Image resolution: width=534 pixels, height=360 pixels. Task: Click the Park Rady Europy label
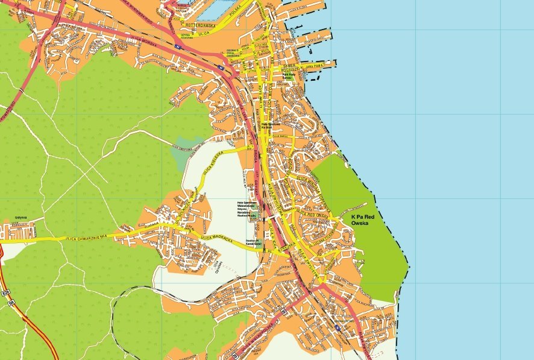[283, 77]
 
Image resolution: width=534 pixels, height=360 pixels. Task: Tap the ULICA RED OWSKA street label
[313, 215]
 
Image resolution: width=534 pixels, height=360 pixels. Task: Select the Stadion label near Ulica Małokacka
[253, 241]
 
